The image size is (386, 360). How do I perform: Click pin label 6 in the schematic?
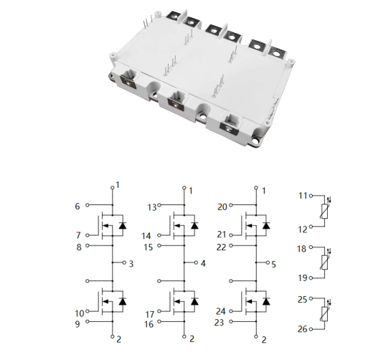[x=77, y=207]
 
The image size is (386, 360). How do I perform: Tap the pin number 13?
[x=152, y=208]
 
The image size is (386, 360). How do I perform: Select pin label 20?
[x=222, y=207]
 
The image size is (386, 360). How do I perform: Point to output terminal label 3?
[x=131, y=264]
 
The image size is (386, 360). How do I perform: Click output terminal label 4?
[x=203, y=263]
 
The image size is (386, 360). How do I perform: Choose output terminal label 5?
[x=273, y=265]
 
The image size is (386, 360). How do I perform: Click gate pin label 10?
[x=80, y=313]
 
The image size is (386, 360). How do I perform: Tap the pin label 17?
[x=150, y=315]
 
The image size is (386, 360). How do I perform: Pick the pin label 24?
[x=220, y=311]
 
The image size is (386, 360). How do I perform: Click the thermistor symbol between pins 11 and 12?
[x=324, y=211]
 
